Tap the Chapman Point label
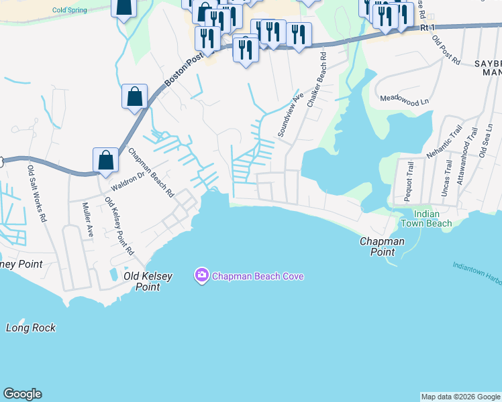(382, 247)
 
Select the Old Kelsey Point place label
(148, 281)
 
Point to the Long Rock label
(31, 328)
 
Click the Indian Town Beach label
(426, 218)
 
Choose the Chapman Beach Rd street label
(151, 173)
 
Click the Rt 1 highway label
(428, 27)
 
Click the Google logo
(22, 394)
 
